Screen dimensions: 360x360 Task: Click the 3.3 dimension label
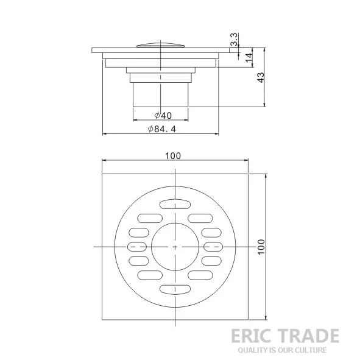click(234, 40)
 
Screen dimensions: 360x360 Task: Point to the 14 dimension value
click(249, 57)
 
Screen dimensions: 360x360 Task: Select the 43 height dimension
click(261, 77)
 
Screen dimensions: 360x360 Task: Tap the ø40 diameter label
click(163, 115)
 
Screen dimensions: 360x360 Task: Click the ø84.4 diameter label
click(162, 129)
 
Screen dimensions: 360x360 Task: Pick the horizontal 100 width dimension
click(173, 156)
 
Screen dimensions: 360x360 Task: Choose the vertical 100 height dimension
click(261, 247)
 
